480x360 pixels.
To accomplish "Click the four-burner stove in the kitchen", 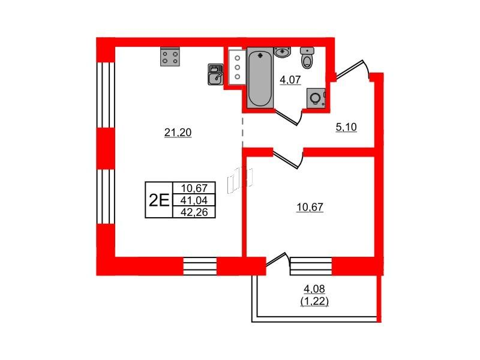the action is tap(170, 56).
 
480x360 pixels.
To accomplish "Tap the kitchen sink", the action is tap(215, 74).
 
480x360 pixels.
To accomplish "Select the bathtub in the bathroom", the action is tap(260, 78).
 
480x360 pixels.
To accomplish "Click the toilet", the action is tap(307, 58).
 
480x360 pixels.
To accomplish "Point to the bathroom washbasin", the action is tap(283, 52).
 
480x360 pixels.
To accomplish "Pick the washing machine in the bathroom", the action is tap(316, 98).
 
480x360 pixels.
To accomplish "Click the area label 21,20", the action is tap(178, 133).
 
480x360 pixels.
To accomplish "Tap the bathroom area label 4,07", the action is tap(290, 80).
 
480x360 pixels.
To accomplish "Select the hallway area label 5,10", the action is tap(346, 127).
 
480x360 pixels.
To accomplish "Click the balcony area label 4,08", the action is tap(314, 289).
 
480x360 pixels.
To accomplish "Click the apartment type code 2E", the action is tap(159, 200).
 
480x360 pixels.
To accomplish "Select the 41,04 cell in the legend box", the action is tap(194, 200).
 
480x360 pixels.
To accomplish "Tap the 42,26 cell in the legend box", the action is tap(194, 212).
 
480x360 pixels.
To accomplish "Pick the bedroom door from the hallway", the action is tap(288, 158).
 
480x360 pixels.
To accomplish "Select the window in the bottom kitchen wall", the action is tap(200, 266).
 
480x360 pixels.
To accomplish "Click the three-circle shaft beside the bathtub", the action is tap(237, 67).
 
